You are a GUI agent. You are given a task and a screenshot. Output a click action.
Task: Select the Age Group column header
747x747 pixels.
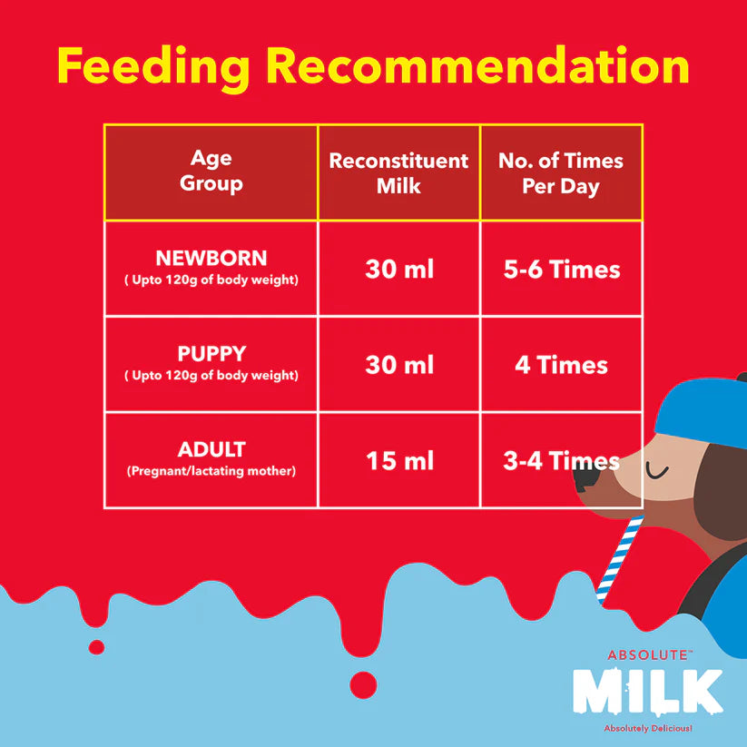click(x=211, y=172)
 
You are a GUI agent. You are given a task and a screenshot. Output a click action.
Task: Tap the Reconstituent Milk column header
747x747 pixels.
click(x=398, y=172)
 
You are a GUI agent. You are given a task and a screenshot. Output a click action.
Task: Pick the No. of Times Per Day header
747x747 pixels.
click(x=561, y=172)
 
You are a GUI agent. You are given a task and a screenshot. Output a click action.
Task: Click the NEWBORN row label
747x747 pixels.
click(x=211, y=259)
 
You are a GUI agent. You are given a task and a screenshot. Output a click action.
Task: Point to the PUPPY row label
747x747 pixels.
click(x=211, y=353)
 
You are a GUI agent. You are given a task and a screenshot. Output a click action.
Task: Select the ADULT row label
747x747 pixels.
click(x=211, y=449)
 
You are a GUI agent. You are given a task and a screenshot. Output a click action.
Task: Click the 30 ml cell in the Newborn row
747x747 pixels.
click(x=399, y=270)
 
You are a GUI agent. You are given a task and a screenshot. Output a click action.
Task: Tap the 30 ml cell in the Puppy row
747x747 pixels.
click(x=399, y=365)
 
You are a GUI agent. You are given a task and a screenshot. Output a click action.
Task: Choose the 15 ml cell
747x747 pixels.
click(x=399, y=461)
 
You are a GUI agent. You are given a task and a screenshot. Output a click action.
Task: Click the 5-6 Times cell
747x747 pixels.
click(x=562, y=270)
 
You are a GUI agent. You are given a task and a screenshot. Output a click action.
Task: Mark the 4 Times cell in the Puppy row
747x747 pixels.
click(x=562, y=365)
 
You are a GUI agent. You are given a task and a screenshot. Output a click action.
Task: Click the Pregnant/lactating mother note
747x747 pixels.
click(x=211, y=471)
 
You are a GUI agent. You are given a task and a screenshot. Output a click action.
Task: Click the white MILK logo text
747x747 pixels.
click(x=647, y=693)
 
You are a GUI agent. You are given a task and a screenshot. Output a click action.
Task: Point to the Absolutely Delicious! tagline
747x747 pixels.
click(x=647, y=729)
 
